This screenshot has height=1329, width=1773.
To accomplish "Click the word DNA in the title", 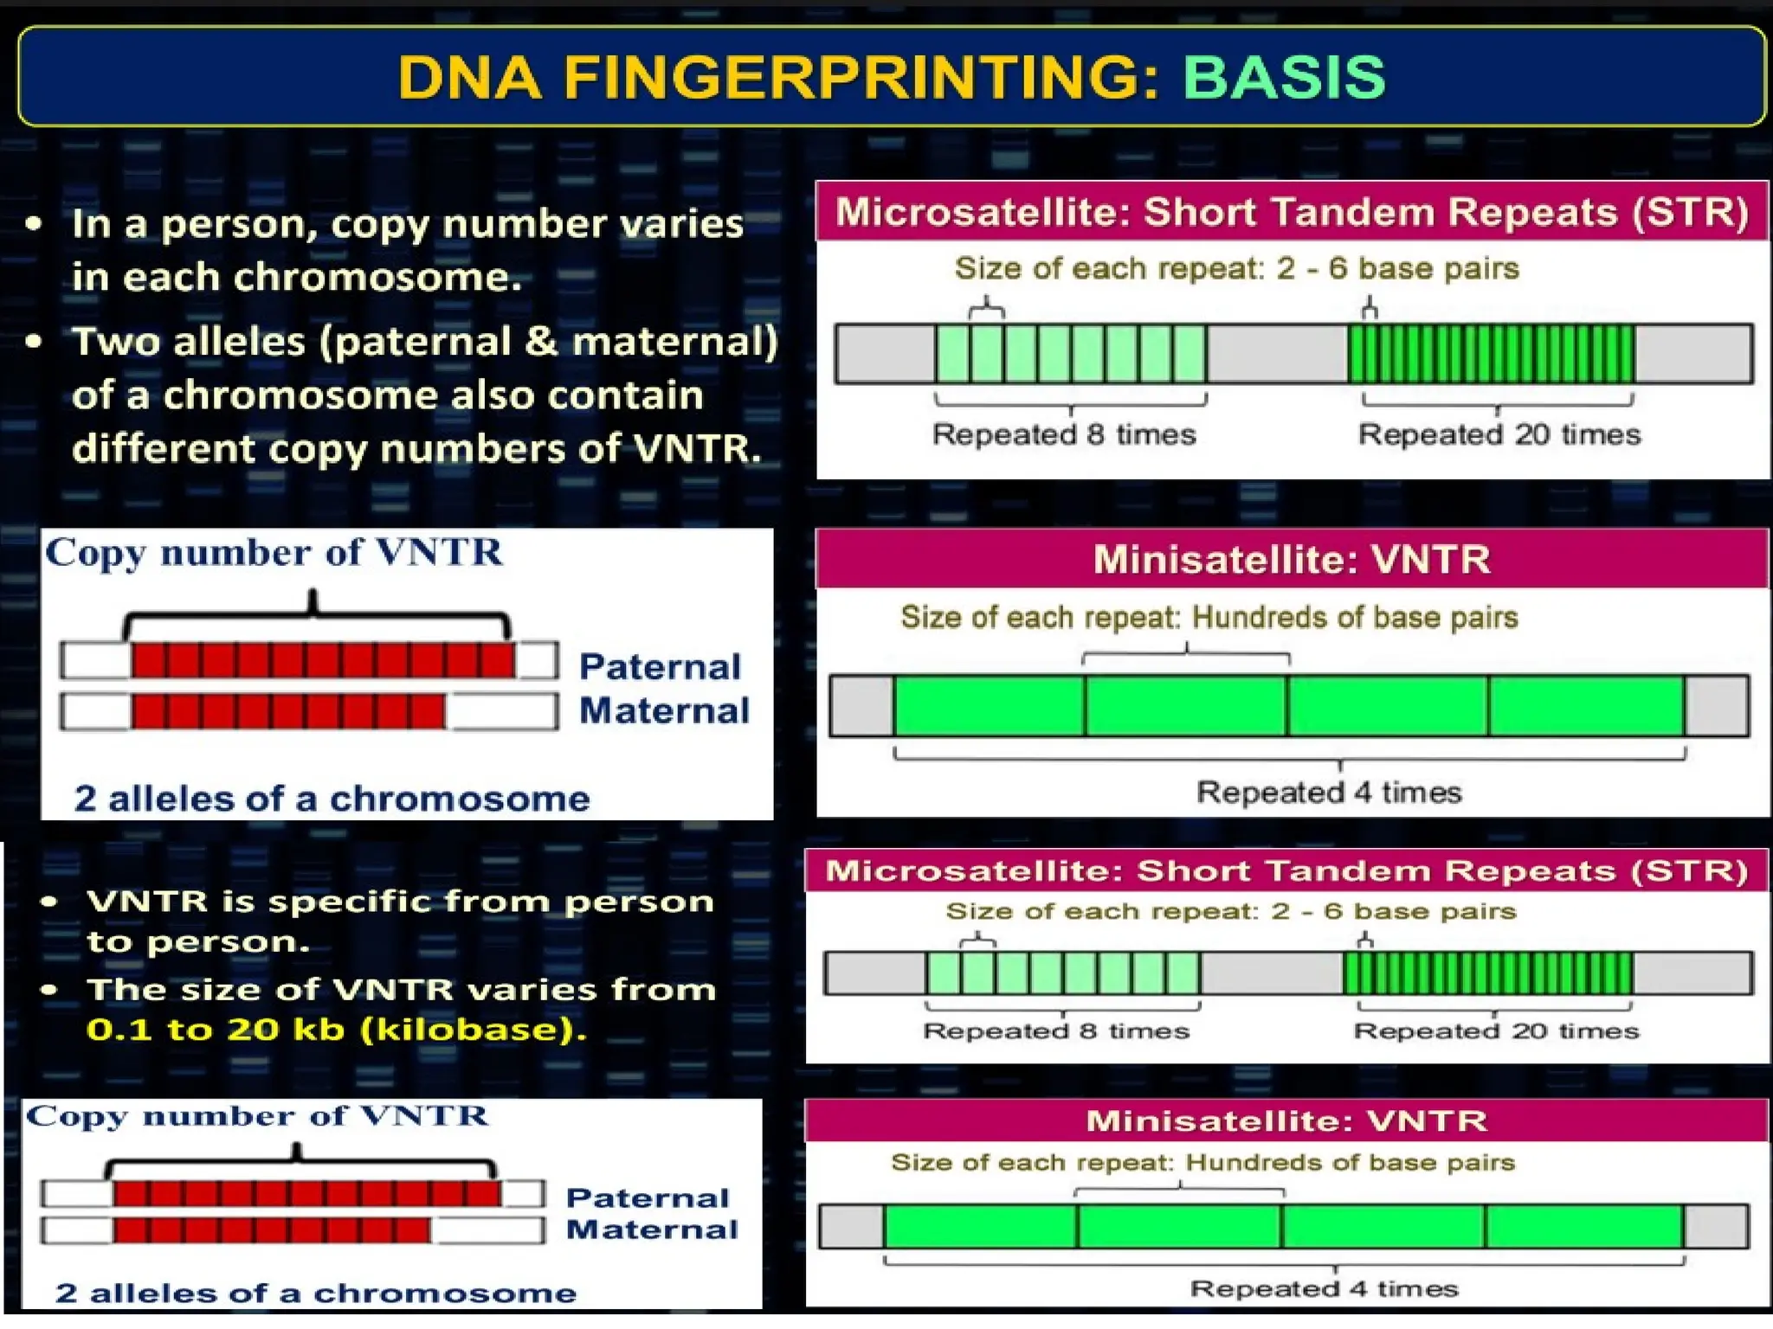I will tap(470, 78).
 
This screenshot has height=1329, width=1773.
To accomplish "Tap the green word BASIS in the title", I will tap(1284, 78).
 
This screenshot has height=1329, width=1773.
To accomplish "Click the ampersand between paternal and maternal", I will tap(542, 341).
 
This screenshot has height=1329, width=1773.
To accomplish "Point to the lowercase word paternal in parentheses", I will tap(421, 343).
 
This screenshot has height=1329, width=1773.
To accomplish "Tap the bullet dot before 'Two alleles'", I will tap(34, 341).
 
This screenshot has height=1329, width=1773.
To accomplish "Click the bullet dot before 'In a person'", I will tap(34, 224).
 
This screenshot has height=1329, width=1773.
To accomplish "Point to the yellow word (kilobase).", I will tap(473, 1030).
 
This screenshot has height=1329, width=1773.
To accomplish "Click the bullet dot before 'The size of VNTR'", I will tap(49, 989).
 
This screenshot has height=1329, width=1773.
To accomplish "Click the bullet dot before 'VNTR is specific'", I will tap(49, 902).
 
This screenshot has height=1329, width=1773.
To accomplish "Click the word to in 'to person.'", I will tap(109, 942).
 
